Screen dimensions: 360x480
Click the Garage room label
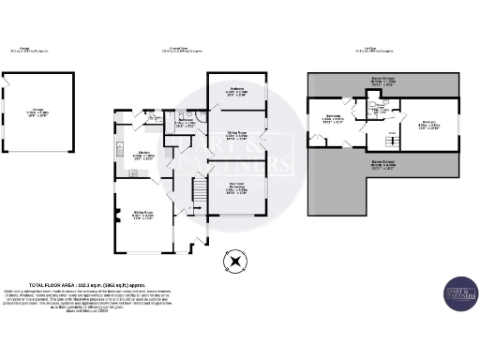coord(37,113)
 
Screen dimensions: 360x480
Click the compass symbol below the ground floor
coord(235,261)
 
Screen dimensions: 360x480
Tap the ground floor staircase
coord(197,195)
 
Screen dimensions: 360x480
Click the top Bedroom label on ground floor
coord(236,92)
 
